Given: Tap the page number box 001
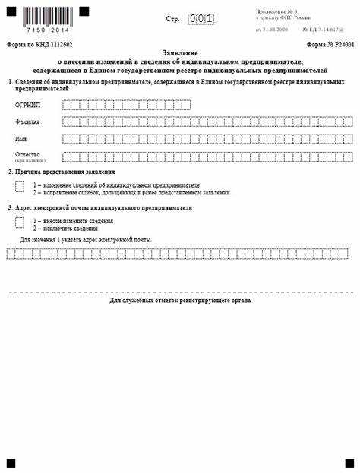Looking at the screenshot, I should point(201,17).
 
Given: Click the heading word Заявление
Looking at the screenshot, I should point(180,52).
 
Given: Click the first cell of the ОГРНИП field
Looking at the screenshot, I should point(67,105).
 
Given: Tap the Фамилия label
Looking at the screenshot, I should point(28,121).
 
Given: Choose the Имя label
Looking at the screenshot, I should point(21,139).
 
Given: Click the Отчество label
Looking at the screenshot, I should point(27,155).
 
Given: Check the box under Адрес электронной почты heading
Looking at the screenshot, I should point(19,222).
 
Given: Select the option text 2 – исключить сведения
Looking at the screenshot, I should point(65,228).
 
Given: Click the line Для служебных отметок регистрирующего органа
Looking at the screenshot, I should point(180,301).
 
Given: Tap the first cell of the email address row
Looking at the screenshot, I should point(10,254).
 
